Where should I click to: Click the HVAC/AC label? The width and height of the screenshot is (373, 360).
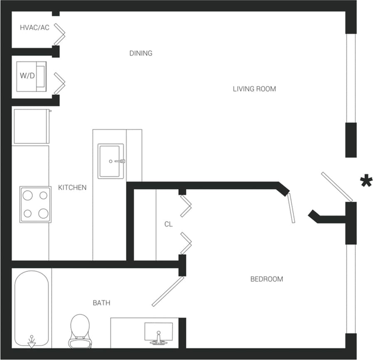35,28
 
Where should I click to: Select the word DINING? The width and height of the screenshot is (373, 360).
141,53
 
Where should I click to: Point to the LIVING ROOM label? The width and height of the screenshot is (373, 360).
254,89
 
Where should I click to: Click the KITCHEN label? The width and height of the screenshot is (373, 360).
72,188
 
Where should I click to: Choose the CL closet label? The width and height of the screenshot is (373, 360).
168,224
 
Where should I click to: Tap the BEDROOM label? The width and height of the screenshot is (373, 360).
266,279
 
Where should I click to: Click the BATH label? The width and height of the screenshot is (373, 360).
101,303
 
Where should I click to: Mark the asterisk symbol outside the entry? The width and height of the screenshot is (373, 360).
366,182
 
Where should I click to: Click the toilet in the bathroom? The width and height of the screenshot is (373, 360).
80,330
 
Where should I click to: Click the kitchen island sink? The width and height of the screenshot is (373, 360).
110,161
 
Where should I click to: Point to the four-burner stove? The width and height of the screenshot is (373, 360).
35,204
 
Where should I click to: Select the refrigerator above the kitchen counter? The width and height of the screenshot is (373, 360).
31,126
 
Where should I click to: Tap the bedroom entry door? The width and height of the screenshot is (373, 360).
291,208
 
